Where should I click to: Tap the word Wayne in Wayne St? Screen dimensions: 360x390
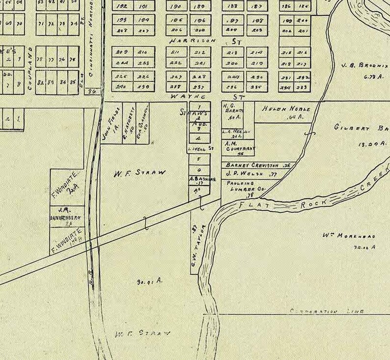[182, 97]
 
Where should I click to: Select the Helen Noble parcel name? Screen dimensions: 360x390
[286, 109]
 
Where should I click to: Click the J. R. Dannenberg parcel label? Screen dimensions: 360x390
[67, 213]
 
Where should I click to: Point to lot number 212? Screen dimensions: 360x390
[199, 52]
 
